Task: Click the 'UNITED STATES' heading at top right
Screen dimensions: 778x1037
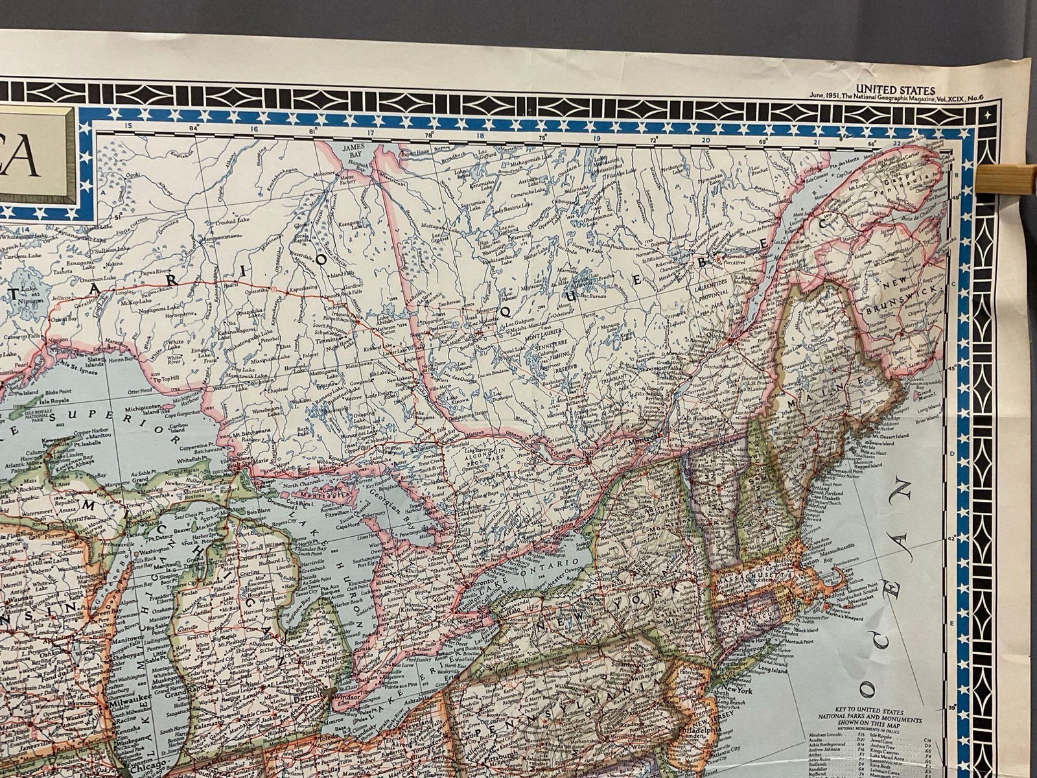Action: pyautogui.click(x=894, y=90)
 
